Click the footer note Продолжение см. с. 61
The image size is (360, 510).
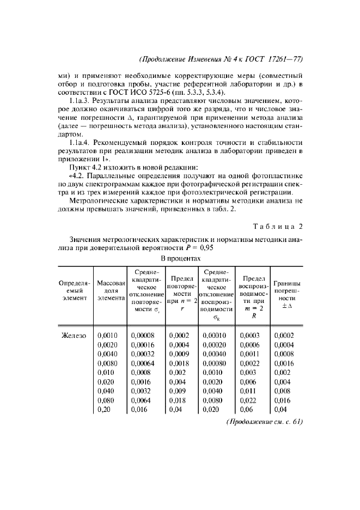(265, 422)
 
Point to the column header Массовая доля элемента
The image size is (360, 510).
(111, 290)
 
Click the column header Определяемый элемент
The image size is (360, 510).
(74, 290)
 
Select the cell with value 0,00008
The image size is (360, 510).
(143, 336)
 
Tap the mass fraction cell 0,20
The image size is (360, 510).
(105, 410)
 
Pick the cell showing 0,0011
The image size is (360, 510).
(249, 354)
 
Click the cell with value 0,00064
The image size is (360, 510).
(143, 363)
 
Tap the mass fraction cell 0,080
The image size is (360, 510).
(106, 400)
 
